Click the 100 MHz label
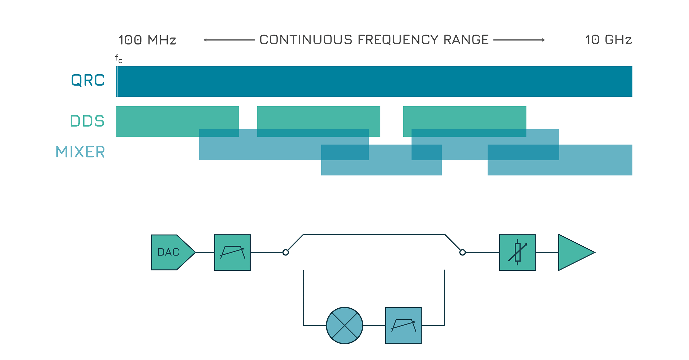(x=147, y=40)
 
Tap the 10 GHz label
(x=608, y=40)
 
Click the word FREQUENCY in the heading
(x=398, y=40)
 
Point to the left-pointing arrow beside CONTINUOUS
(x=229, y=40)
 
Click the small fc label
(x=119, y=59)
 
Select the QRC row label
(x=88, y=80)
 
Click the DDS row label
(x=87, y=121)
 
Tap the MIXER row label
(x=80, y=152)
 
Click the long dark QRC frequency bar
(x=373, y=82)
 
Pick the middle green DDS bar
(x=318, y=118)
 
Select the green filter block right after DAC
(x=233, y=252)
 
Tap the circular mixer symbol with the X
(x=344, y=325)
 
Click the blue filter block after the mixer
(x=403, y=325)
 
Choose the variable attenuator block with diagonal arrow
(x=517, y=252)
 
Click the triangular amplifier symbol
(x=573, y=252)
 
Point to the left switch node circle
(x=285, y=252)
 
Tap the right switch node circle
(x=462, y=252)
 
